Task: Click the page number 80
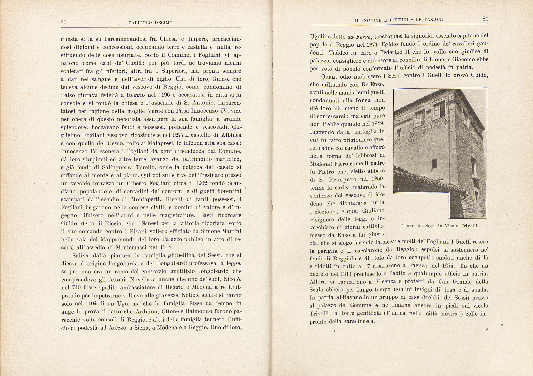63,22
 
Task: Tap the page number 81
485,19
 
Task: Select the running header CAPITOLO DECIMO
150,23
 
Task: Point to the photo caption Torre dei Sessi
439,226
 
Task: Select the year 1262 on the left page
201,183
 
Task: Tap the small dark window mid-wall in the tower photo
434,163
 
